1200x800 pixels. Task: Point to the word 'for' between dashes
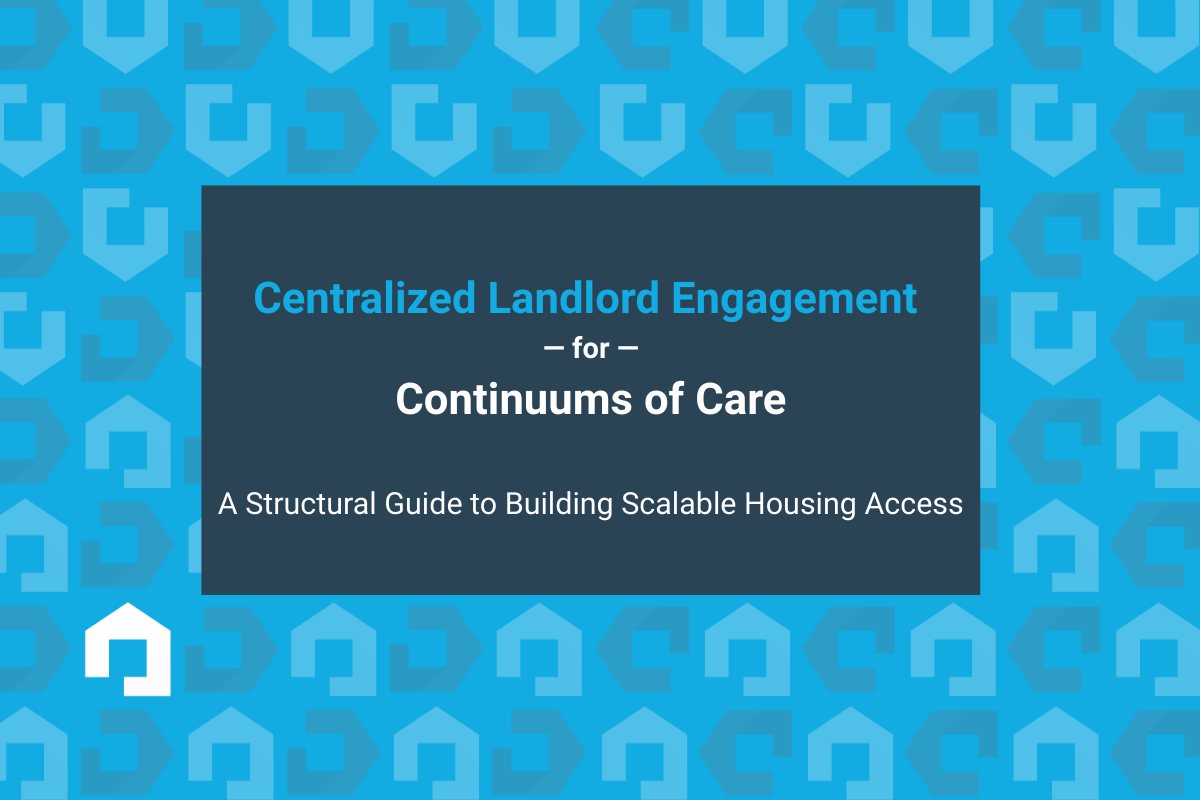tap(590, 351)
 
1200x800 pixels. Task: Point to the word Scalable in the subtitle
tap(680, 504)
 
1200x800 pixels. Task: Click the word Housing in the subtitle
tap(797, 504)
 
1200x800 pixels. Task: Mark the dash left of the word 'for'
tap(552, 351)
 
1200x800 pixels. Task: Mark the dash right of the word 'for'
tap(628, 351)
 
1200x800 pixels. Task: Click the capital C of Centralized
tap(267, 298)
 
